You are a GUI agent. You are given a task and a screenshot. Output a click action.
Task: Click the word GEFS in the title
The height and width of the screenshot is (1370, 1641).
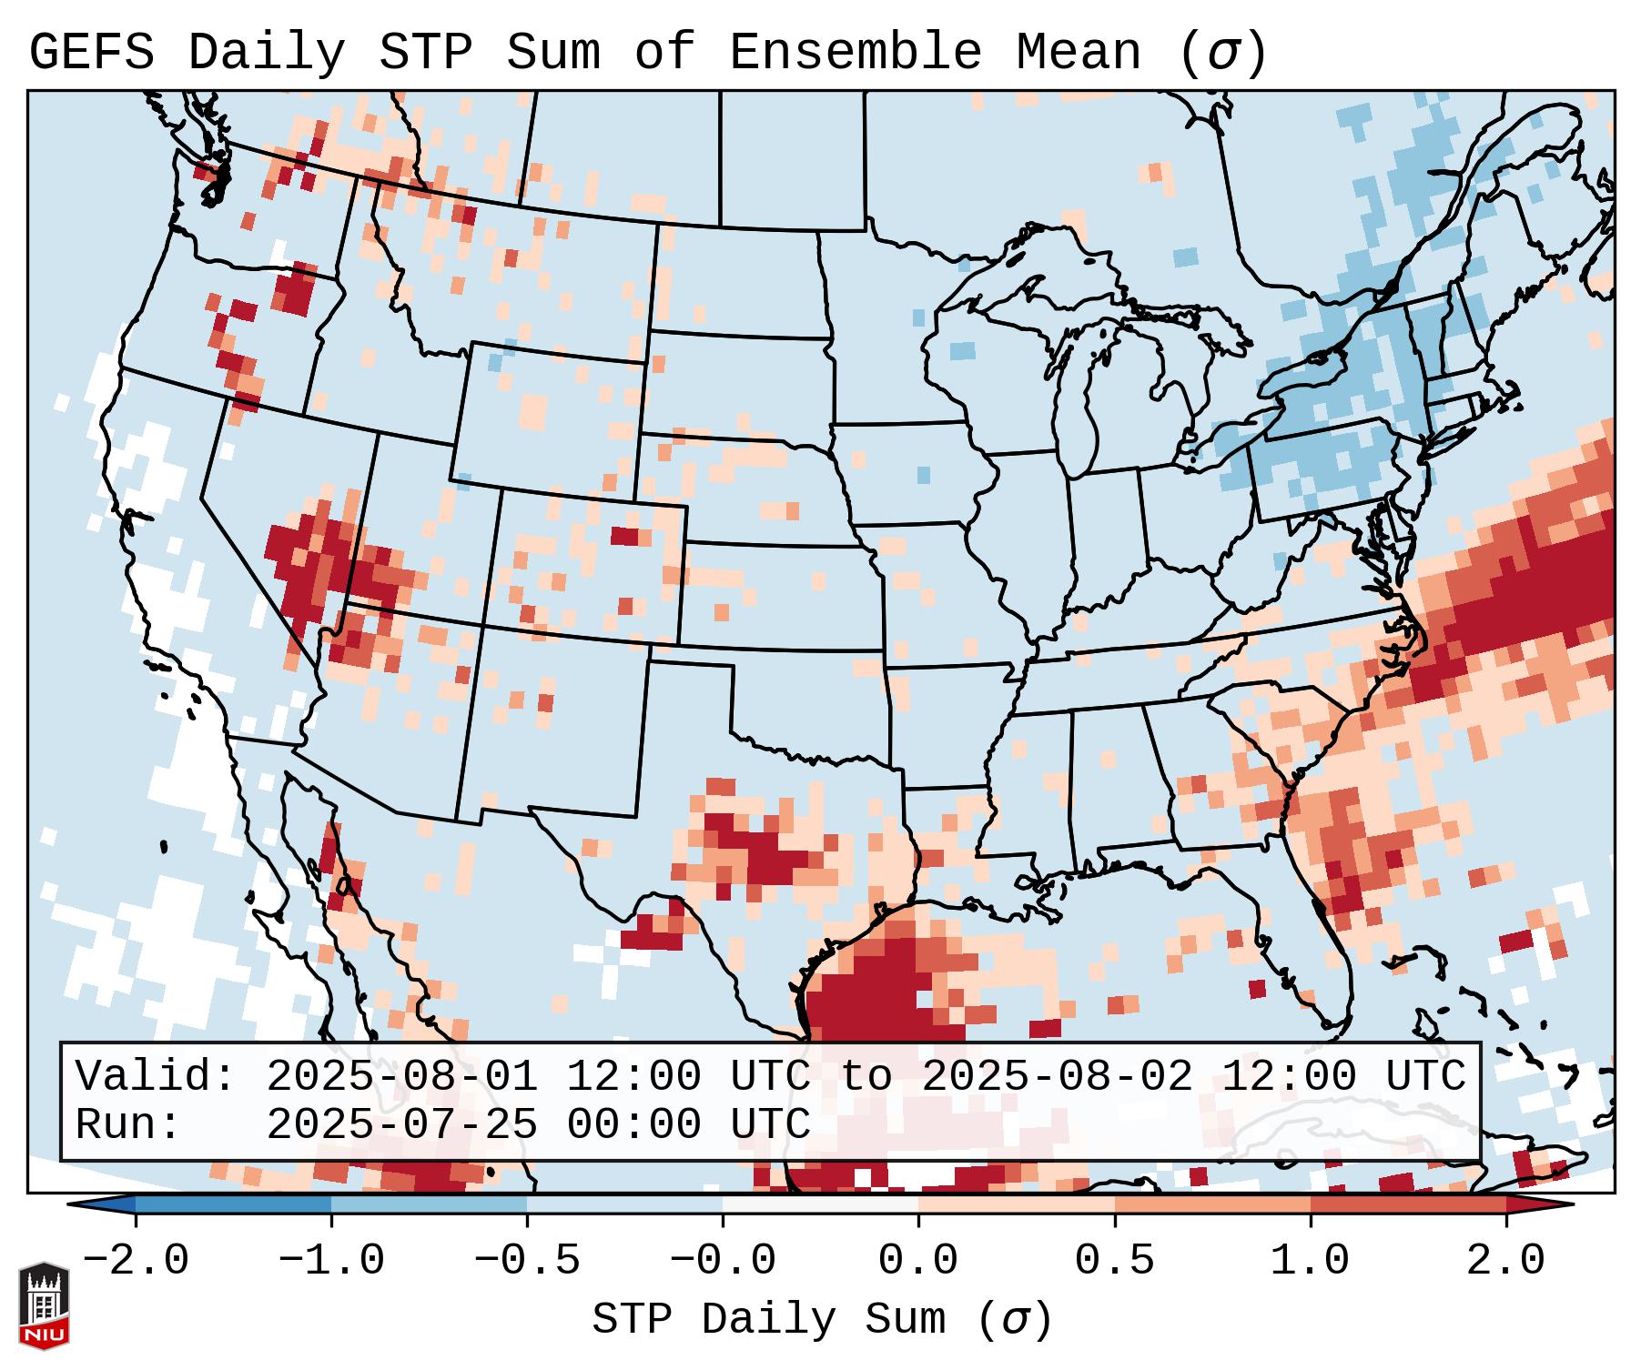click(91, 53)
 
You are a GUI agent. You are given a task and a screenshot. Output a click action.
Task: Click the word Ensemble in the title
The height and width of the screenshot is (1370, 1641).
click(855, 53)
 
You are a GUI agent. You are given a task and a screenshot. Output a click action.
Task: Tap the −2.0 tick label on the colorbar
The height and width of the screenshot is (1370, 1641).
click(136, 1261)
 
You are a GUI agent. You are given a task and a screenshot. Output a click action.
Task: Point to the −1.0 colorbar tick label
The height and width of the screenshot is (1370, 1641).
click(331, 1261)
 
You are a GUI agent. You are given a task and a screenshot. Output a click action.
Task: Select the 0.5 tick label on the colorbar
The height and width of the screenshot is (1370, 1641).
click(1114, 1261)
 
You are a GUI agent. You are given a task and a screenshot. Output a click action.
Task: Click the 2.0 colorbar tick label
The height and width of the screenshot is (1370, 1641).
click(1505, 1261)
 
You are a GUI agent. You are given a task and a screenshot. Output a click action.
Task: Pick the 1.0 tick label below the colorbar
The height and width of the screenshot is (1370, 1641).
click(1310, 1261)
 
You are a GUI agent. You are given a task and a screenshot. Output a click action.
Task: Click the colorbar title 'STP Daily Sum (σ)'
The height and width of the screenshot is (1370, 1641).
click(822, 1319)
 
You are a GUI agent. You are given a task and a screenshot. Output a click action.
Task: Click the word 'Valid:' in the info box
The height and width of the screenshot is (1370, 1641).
click(157, 1076)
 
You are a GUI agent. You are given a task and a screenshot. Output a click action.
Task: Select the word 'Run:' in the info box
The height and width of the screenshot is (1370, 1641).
click(128, 1124)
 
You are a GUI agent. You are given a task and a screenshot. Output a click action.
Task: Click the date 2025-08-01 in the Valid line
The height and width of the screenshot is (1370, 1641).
click(401, 1076)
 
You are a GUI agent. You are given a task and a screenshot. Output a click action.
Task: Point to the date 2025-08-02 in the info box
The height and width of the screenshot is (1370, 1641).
click(1057, 1076)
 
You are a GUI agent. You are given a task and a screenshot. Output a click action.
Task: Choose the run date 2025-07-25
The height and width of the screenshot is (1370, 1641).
click(401, 1124)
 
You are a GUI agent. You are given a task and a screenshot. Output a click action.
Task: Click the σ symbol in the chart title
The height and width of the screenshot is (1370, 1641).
click(1222, 53)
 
